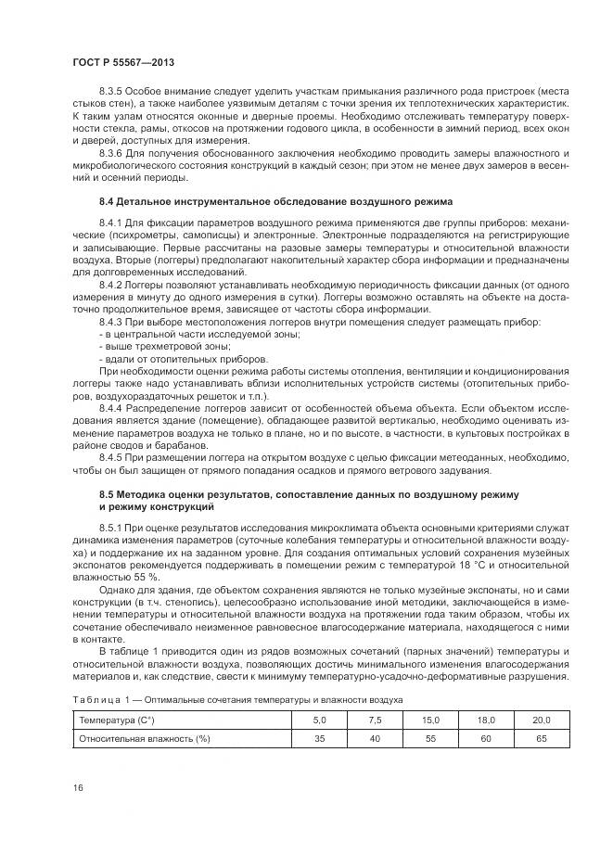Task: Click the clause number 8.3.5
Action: click(113, 95)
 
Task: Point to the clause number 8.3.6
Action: click(113, 153)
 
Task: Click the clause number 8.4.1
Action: click(113, 223)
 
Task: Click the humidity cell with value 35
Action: click(320, 738)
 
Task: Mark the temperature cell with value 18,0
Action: click(486, 720)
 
